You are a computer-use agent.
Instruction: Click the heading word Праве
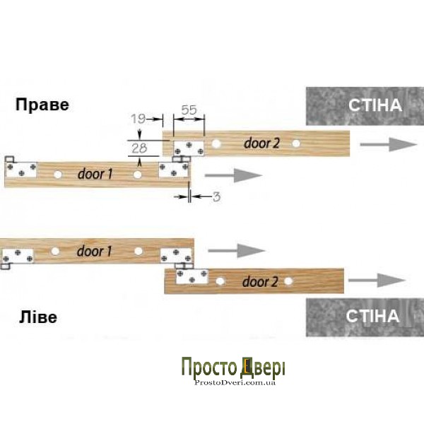click(x=43, y=105)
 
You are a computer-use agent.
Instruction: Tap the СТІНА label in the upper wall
click(x=375, y=105)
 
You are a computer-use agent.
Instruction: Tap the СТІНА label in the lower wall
click(x=372, y=315)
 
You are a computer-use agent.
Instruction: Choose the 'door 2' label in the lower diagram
click(x=260, y=282)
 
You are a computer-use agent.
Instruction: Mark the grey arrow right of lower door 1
click(x=237, y=250)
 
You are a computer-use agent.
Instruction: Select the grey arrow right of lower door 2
click(x=386, y=279)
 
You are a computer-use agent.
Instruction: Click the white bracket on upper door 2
click(x=189, y=147)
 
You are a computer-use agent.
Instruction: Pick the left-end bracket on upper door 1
click(x=22, y=170)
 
